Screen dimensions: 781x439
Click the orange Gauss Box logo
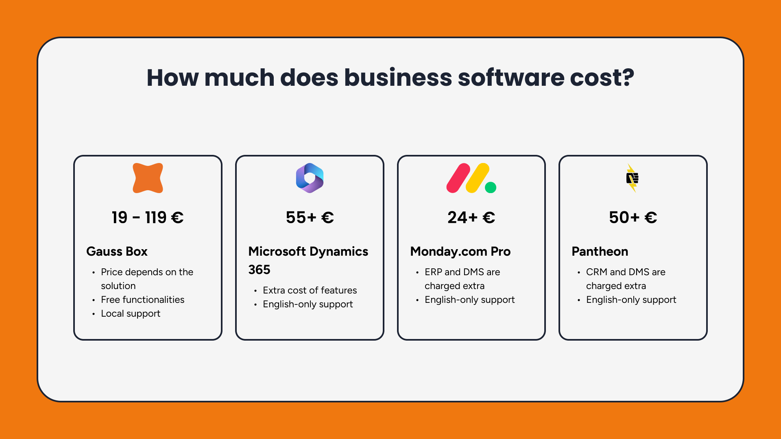tap(148, 178)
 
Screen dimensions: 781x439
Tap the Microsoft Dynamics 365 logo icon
tap(310, 178)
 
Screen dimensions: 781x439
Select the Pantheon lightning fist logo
tap(632, 178)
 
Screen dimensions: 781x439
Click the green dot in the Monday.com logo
tap(491, 187)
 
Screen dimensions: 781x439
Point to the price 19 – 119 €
tap(148, 217)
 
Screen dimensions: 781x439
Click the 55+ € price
tap(310, 217)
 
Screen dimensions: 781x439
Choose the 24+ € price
tap(471, 217)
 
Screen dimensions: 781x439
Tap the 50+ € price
tap(633, 217)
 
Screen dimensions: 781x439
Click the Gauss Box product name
tap(117, 252)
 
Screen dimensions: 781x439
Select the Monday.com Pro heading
tap(460, 252)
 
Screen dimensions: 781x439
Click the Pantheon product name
tap(600, 252)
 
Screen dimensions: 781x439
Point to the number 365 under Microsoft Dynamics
tap(259, 270)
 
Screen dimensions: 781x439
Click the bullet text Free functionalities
tap(142, 300)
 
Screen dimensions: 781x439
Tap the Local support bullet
tap(131, 313)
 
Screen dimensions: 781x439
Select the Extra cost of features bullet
tap(310, 290)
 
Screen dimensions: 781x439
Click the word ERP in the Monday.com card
tap(433, 272)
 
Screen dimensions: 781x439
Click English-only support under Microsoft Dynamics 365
tap(308, 304)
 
